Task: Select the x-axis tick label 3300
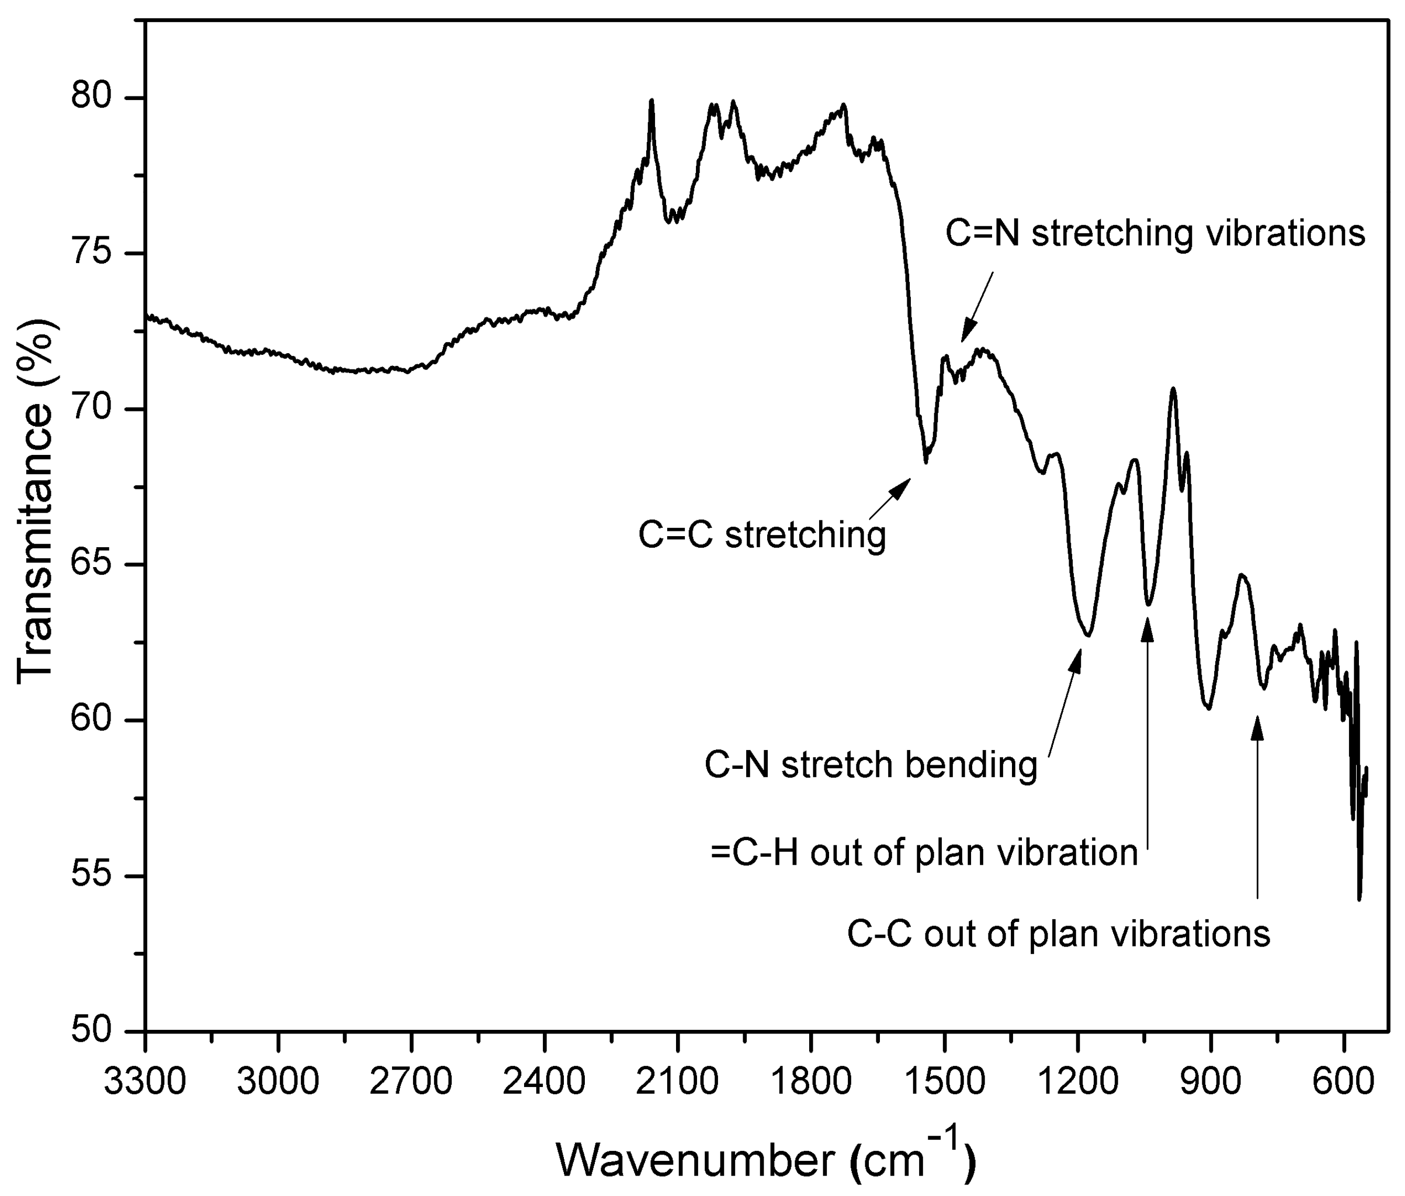[x=145, y=1081]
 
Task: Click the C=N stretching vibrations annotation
[x=1155, y=234]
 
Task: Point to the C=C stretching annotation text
[x=762, y=535]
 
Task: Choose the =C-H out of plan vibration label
[x=924, y=852]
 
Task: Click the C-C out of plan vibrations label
[x=1058, y=933]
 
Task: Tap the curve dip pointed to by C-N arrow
[x=1086, y=635]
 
